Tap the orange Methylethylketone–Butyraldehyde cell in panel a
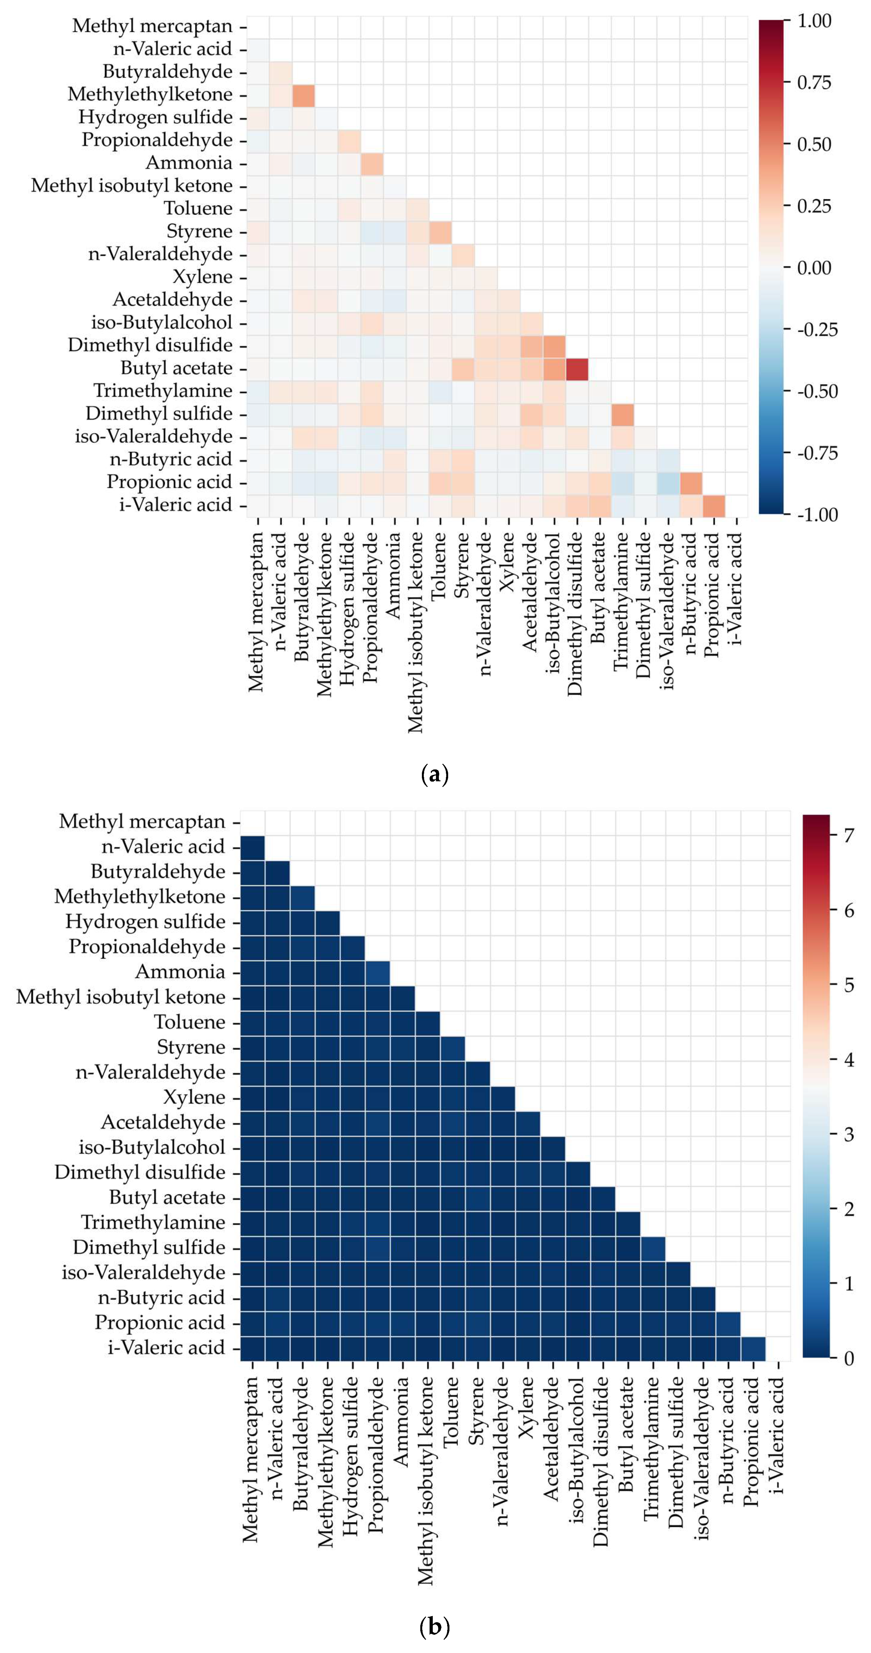[x=303, y=94]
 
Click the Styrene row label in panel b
[x=191, y=1047]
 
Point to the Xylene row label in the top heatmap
[x=202, y=277]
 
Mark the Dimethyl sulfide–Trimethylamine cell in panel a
[x=622, y=414]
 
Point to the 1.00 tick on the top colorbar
[x=813, y=21]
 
